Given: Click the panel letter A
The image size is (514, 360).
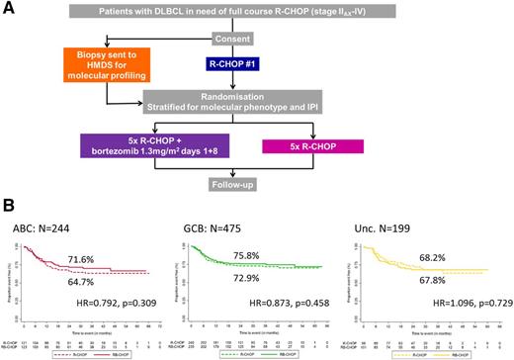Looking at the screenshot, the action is (9, 9).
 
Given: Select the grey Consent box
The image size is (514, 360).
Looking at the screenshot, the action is (244, 37).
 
